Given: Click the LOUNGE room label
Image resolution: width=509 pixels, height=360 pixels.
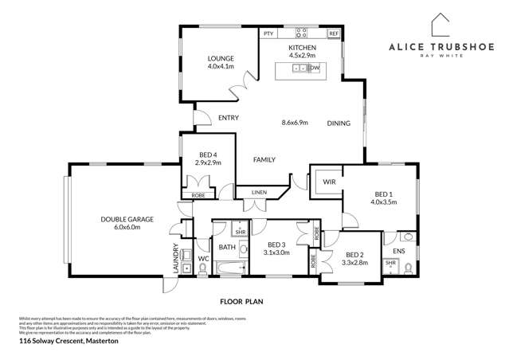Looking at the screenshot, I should point(219,59).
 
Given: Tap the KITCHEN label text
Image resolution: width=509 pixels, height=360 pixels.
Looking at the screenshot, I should point(302,48).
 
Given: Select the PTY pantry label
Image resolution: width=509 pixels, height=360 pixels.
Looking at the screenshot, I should point(268,33).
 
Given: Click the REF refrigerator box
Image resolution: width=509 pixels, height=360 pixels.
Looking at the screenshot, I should point(333,33).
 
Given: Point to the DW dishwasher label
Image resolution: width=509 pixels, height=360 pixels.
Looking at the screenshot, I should point(315,68).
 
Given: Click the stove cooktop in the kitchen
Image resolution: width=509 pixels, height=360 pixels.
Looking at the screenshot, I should point(302,33).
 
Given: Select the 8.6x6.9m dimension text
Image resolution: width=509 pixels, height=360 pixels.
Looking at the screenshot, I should point(296,123).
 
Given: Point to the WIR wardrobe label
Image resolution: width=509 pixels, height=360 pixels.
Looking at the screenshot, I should point(328,182).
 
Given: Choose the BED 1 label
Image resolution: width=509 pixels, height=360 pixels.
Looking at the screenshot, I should point(384,194).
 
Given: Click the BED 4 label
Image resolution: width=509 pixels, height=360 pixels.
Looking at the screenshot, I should point(207,154).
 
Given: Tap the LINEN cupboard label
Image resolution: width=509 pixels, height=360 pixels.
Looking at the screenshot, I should point(258,193).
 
